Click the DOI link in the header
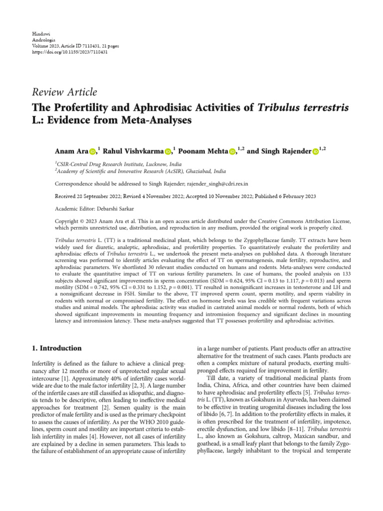click(69, 52)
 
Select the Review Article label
click(64, 92)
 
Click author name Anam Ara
click(71, 151)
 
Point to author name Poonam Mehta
click(204, 151)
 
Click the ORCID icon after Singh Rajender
click(316, 152)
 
